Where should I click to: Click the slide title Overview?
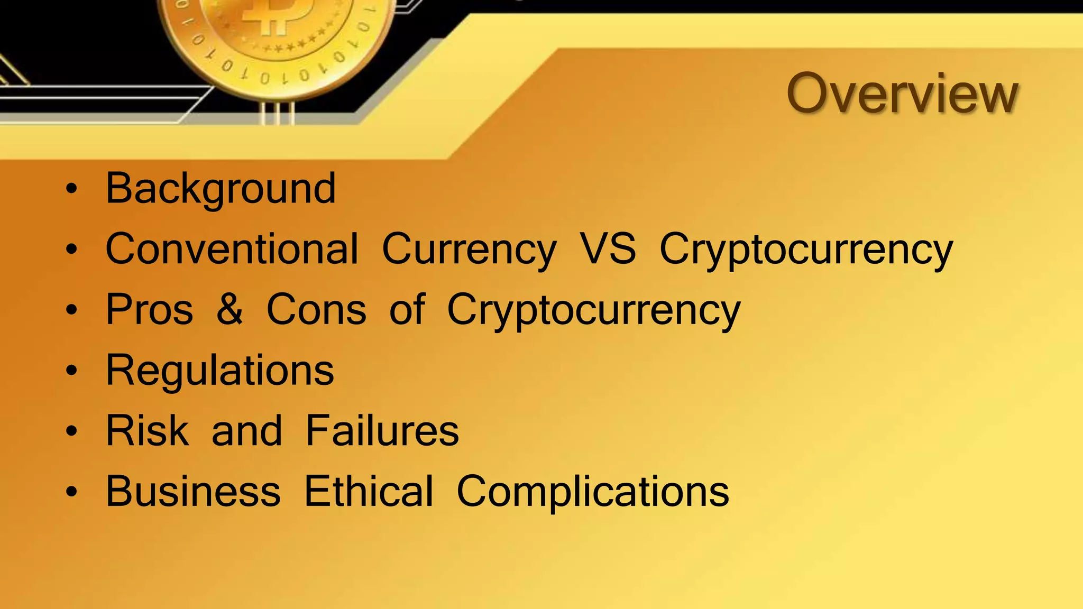pyautogui.click(x=902, y=94)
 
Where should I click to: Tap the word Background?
pyautogui.click(x=221, y=189)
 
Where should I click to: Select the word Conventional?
pyautogui.click(x=232, y=249)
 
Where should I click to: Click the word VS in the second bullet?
pyautogui.click(x=608, y=249)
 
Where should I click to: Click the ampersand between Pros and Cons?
pyautogui.click(x=230, y=310)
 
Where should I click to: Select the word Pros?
pyautogui.click(x=150, y=310)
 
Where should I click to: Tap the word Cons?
pyautogui.click(x=316, y=310)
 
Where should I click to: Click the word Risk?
pyautogui.click(x=147, y=431)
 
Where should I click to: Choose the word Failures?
pyautogui.click(x=382, y=431)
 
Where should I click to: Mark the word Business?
pyautogui.click(x=193, y=491)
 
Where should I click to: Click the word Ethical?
pyautogui.click(x=369, y=491)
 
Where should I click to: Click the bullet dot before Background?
pyautogui.click(x=71, y=189)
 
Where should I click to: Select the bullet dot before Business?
pyautogui.click(x=71, y=492)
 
